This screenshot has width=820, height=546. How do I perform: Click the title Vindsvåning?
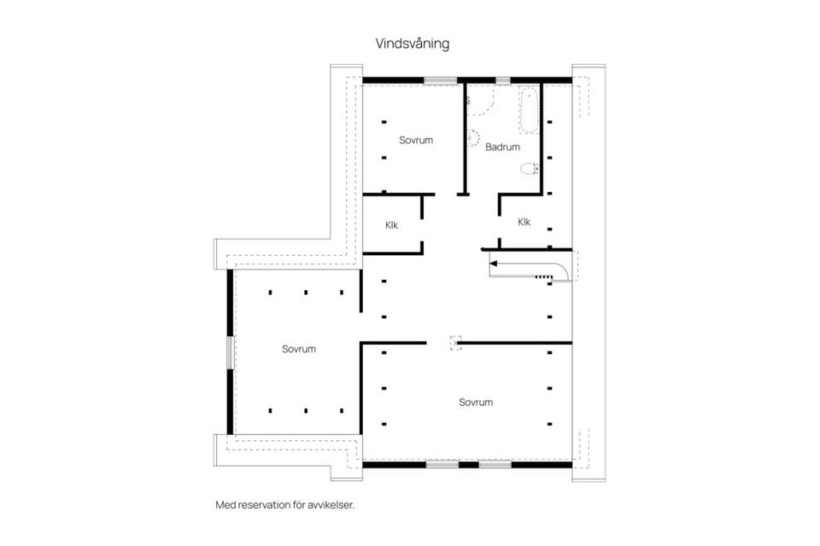coord(412,43)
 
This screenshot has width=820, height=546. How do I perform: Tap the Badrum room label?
coord(502,148)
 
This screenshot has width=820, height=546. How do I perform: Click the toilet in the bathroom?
coord(530,167)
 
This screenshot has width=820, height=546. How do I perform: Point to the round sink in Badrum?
coord(472,136)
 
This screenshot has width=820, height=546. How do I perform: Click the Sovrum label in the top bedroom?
coord(416,140)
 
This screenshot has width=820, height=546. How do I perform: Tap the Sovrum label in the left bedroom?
coord(299,349)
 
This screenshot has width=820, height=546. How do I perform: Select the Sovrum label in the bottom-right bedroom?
coord(475,403)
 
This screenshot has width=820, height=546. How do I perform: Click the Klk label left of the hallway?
coord(392,225)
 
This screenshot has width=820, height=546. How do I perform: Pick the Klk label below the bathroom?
coord(524,222)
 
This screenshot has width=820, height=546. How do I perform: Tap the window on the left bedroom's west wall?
coord(230,351)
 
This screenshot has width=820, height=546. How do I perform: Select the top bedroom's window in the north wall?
coord(440,80)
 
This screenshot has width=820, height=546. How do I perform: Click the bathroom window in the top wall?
coord(503,80)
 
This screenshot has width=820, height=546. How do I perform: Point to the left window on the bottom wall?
coord(442,464)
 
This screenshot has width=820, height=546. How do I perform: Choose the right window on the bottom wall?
coord(495,464)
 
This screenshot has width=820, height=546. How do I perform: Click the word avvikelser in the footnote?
coord(330,505)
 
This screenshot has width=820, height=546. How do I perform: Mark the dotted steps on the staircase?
coord(544,276)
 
